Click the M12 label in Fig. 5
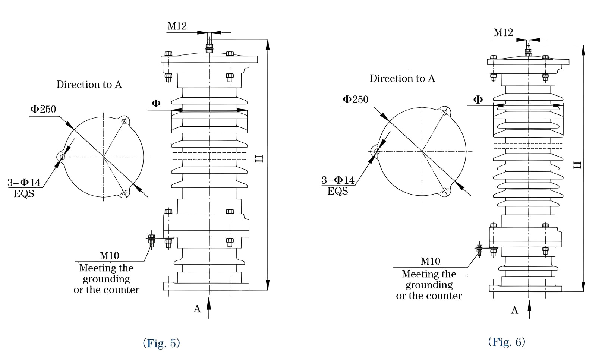tap(177, 26)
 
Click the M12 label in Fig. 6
tap(503, 33)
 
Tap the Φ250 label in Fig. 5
tap(43, 109)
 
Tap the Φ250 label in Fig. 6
tap(356, 100)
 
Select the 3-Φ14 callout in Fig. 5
tap(24, 183)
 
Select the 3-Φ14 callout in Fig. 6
tap(338, 180)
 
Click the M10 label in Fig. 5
tap(109, 256)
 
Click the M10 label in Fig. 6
tap(431, 261)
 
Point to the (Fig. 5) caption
tap(161, 343)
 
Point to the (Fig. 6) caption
tap(507, 342)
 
